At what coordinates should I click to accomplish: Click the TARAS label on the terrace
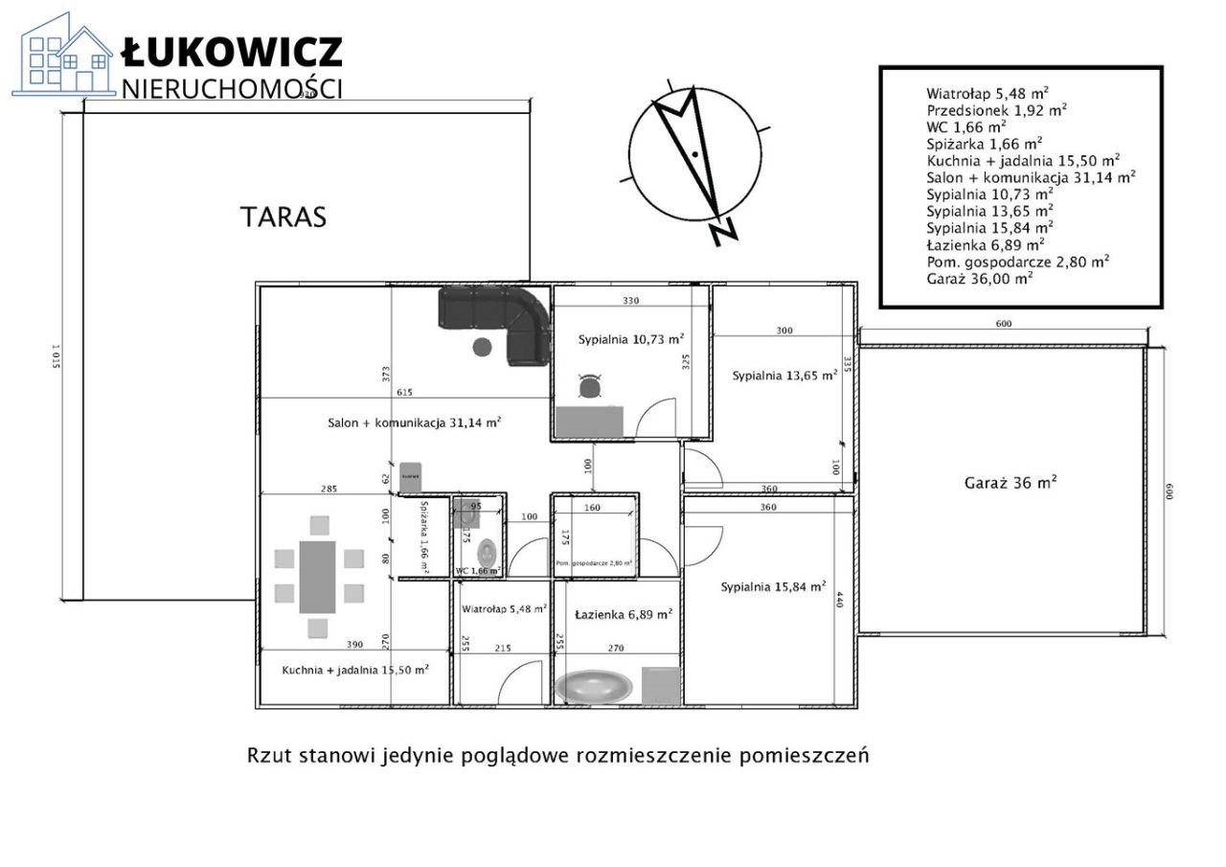point(283,217)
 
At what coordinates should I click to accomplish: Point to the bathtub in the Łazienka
point(594,686)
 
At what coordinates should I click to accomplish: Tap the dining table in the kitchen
point(317,577)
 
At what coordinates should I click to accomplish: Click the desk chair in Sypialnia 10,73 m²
point(589,386)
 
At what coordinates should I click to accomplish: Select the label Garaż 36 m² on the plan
point(1010,484)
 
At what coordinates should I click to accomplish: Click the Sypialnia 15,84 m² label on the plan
point(773,587)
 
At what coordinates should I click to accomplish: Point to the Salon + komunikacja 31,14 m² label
point(415,422)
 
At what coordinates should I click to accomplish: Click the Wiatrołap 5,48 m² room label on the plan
point(504,608)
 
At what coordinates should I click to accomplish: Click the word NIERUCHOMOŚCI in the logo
point(232,89)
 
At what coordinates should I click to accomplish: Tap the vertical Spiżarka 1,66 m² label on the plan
point(422,538)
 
